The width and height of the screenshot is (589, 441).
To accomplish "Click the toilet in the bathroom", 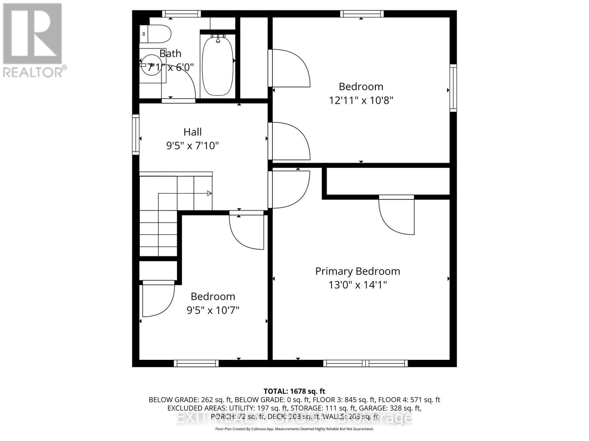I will pyautogui.click(x=157, y=34).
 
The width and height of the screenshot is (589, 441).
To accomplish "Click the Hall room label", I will pyautogui.click(x=193, y=132).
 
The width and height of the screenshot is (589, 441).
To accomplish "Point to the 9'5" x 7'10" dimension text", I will pyautogui.click(x=193, y=146).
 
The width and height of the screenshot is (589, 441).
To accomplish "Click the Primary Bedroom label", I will pyautogui.click(x=357, y=271).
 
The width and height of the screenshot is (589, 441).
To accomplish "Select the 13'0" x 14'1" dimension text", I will pyautogui.click(x=357, y=285).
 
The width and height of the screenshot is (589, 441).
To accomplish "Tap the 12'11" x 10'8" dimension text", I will pyautogui.click(x=361, y=100).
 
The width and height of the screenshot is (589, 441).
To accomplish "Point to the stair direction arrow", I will pyautogui.click(x=209, y=193).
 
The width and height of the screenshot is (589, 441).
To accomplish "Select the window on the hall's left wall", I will pyautogui.click(x=136, y=134).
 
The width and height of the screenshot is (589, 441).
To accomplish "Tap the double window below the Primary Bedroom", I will pyautogui.click(x=366, y=363).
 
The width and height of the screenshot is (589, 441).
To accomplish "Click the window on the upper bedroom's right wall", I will pyautogui.click(x=454, y=88).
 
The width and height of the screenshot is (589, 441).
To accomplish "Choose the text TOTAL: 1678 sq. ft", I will pyautogui.click(x=294, y=391).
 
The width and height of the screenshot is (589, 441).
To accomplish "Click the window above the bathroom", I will pyautogui.click(x=182, y=14).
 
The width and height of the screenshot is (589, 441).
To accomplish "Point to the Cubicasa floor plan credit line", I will pyautogui.click(x=294, y=429).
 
